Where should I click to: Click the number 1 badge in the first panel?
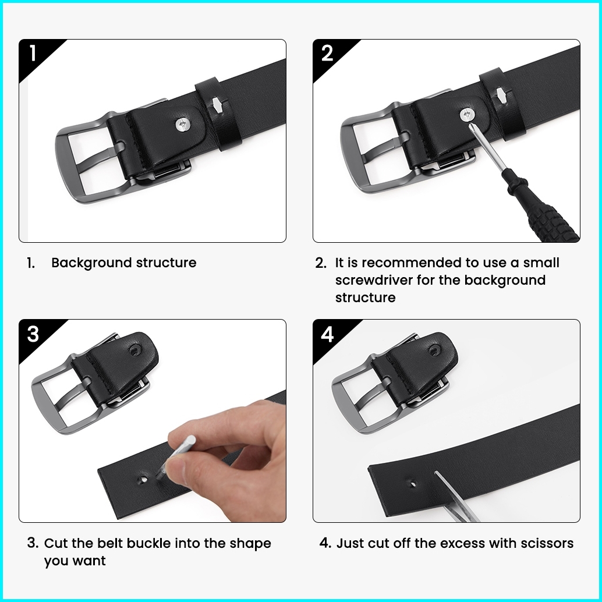(33, 53)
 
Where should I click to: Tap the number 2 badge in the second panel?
(327, 53)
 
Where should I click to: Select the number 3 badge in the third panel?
(33, 334)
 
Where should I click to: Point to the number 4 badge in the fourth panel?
(327, 334)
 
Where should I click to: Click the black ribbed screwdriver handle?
(544, 209)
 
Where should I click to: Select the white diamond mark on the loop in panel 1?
(217, 105)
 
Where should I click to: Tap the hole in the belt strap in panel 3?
(143, 480)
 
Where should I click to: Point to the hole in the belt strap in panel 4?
(413, 482)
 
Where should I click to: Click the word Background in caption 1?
(92, 263)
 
